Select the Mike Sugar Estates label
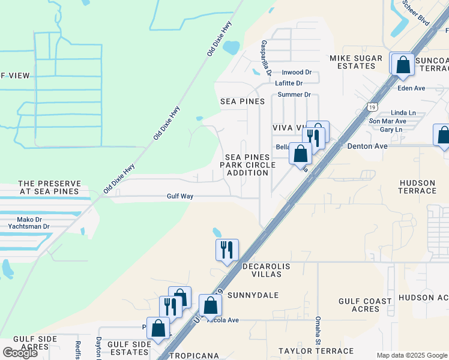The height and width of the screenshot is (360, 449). point(352,62)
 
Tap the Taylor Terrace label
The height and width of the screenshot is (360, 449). point(316,350)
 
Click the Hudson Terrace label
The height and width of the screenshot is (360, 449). point(417,187)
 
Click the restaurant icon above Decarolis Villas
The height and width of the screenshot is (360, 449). point(227,250)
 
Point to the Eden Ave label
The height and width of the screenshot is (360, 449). point(411,88)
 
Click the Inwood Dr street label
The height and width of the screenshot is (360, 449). point(297,73)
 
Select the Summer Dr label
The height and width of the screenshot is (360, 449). point(294,95)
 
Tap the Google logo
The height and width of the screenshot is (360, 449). point(19,353)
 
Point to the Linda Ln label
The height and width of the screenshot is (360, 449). point(403,113)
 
